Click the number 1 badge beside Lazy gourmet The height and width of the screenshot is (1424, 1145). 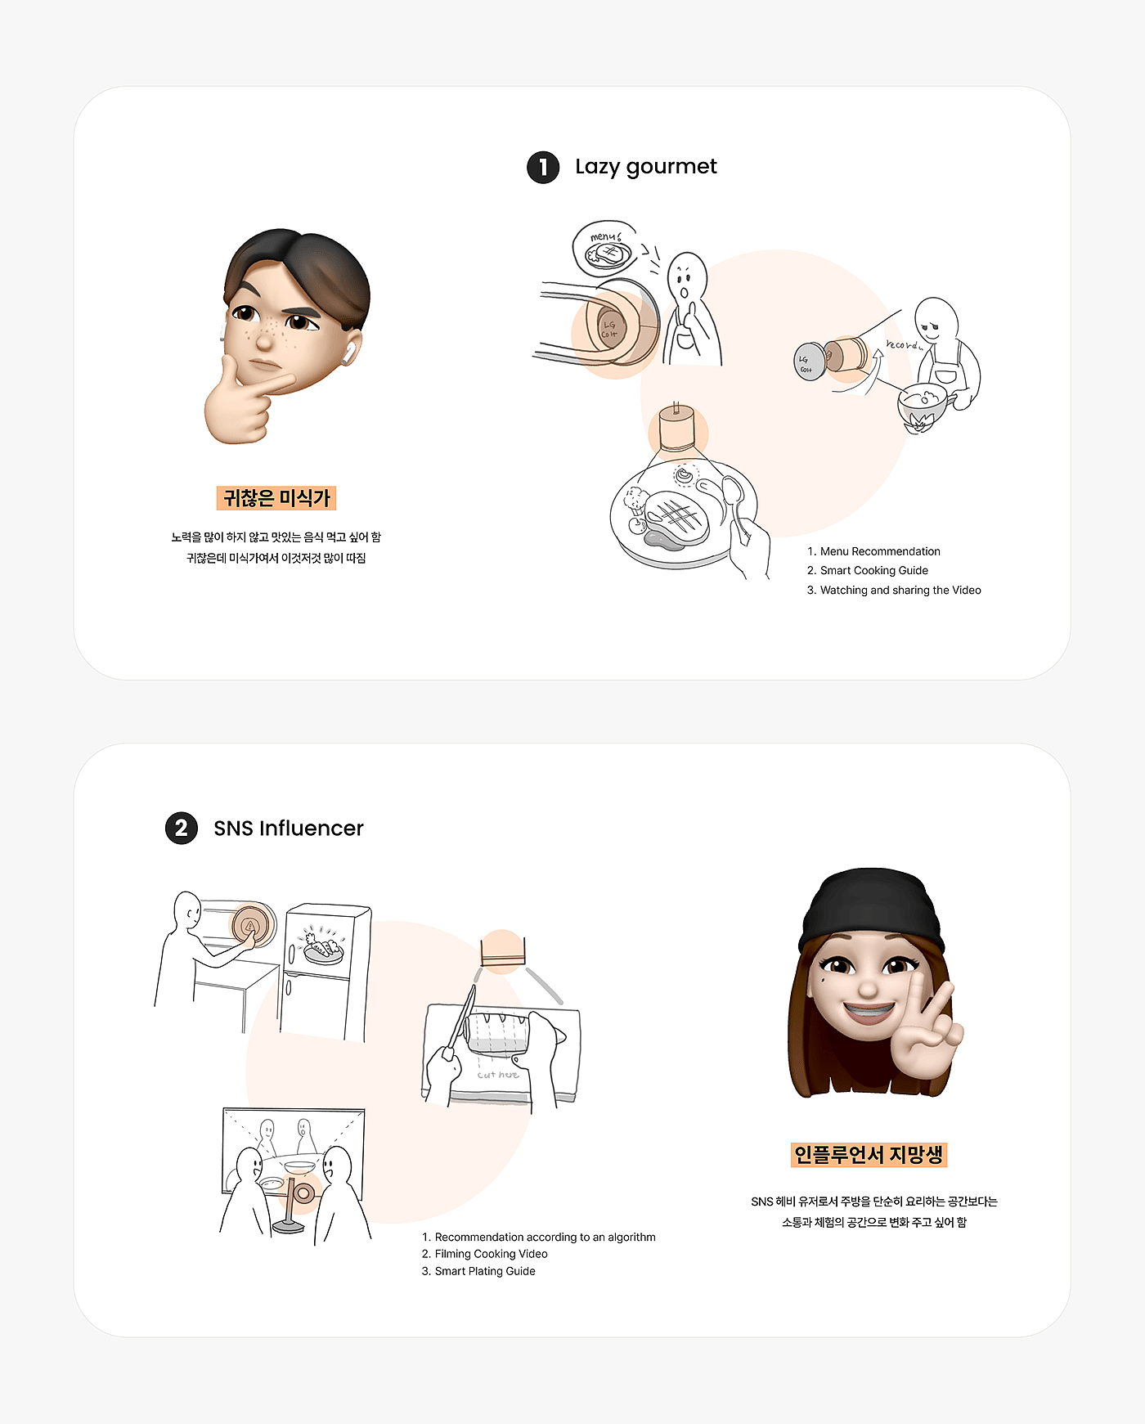tap(543, 168)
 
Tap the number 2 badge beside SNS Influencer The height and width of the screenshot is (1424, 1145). tap(182, 829)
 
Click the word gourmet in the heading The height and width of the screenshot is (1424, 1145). tap(671, 168)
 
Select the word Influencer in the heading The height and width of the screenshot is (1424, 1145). tap(312, 829)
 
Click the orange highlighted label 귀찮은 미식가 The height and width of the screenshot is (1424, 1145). tap(276, 498)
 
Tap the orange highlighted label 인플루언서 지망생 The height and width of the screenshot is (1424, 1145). tap(869, 1155)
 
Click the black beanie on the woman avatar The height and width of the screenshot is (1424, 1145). tap(872, 908)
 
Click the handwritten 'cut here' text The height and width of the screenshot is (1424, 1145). tap(498, 1075)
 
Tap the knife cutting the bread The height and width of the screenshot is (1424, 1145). tap(460, 1018)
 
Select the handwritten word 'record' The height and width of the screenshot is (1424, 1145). tap(904, 345)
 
